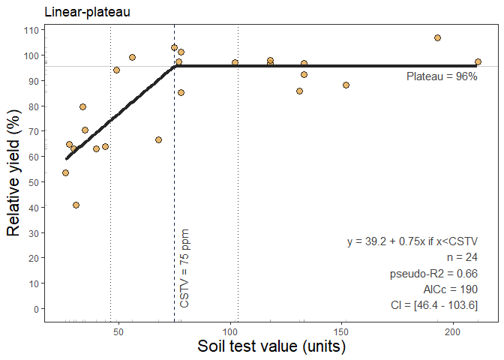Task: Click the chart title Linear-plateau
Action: point(88,13)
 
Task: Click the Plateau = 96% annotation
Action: point(442,77)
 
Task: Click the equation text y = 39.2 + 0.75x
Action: point(412,241)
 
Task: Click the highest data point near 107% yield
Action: point(438,37)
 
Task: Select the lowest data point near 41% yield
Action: point(76,205)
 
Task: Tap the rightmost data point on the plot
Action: point(478,62)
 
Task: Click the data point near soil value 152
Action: point(346,85)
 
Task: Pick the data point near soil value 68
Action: point(158,139)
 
